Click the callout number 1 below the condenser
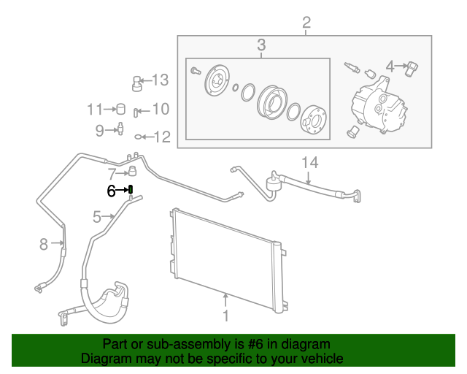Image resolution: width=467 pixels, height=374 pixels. tap(225, 316)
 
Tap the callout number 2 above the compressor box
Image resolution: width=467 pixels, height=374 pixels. tap(306, 21)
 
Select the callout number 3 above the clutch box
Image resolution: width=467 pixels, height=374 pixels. tap(261, 46)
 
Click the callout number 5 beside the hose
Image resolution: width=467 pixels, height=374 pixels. tap(97, 216)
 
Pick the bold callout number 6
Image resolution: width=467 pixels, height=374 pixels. tap(112, 191)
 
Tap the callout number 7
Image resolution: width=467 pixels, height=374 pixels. tap(112, 174)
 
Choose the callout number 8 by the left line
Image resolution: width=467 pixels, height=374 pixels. tap(43, 243)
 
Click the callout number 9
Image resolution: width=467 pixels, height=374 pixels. tap(100, 131)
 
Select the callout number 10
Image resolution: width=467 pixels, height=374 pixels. tap(160, 110)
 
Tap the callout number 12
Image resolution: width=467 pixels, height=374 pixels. tap(161, 136)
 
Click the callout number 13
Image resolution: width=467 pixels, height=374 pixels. tap(160, 80)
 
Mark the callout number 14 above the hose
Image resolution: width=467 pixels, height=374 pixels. tap(311, 161)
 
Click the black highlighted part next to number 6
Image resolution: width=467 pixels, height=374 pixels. tap(130, 191)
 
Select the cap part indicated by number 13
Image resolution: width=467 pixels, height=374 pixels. tap(136, 82)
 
